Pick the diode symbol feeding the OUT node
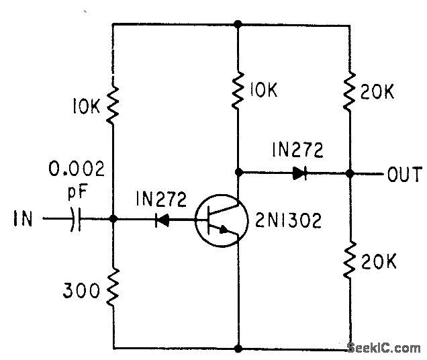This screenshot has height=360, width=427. click(299, 173)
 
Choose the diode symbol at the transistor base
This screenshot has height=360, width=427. click(162, 220)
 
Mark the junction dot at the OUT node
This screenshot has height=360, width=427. click(349, 173)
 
